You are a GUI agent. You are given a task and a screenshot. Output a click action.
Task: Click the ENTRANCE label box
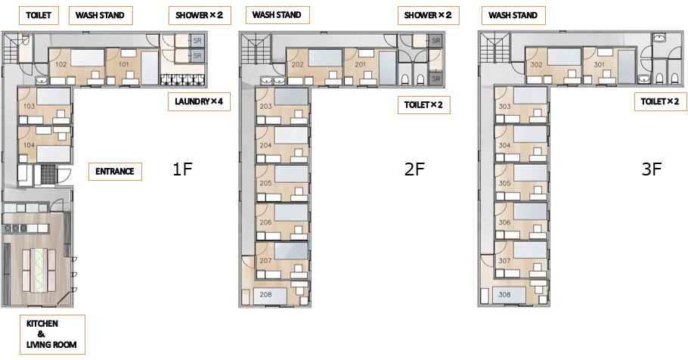pos(115,171)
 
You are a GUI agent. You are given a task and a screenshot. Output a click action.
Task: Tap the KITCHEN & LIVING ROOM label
pos(51,334)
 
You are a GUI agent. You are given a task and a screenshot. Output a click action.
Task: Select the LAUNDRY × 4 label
pos(199,102)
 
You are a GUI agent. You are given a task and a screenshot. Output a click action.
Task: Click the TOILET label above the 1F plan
pos(39,15)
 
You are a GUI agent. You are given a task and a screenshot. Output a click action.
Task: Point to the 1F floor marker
pos(182,169)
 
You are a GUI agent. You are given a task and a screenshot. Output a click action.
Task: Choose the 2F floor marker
pos(414,169)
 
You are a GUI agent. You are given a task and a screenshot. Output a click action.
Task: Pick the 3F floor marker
pos(651,169)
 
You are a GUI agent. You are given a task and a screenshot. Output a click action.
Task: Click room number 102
pos(61,64)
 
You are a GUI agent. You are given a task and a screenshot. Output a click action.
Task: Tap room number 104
pos(29,145)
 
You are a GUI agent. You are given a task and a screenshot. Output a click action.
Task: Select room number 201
pos(360,64)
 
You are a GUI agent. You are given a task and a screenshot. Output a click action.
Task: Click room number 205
pos(265,183)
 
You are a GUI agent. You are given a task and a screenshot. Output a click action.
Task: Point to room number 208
pos(265,295)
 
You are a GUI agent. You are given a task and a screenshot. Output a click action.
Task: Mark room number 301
pos(599,64)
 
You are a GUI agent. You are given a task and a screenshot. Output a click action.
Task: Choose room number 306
pos(504,222)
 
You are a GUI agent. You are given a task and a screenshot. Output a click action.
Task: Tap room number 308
pos(504,295)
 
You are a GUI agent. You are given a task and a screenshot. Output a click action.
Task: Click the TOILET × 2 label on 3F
pos(659,101)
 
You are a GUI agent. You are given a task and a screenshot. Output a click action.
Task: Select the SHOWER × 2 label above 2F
pos(428,15)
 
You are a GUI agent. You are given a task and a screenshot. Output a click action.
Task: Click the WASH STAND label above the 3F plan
pos(513,15)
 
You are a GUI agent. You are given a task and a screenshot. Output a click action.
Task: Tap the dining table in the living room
pos(40,271)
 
